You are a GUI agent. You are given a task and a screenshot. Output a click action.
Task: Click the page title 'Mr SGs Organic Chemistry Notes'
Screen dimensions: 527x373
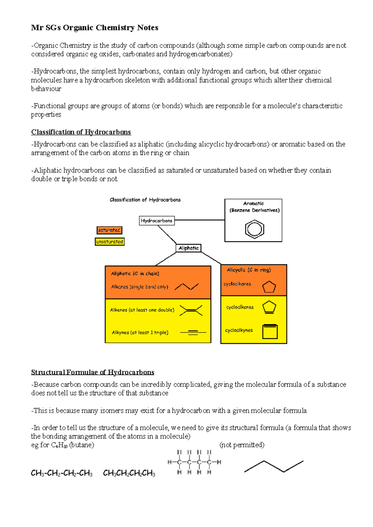pyautogui.click(x=94, y=28)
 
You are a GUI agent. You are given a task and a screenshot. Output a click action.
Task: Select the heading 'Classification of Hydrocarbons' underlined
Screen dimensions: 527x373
pyautogui.click(x=81, y=132)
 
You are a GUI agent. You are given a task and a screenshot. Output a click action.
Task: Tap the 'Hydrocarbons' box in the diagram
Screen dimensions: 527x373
pyautogui.click(x=157, y=221)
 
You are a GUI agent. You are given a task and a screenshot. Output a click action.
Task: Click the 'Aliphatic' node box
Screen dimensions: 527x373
pyautogui.click(x=188, y=248)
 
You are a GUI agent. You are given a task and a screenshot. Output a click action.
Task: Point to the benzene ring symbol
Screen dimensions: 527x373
pyautogui.click(x=254, y=229)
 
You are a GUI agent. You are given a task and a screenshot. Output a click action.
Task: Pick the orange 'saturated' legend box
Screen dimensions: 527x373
pyautogui.click(x=109, y=230)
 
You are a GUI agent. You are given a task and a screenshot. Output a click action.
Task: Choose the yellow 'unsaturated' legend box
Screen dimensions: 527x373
pyautogui.click(x=110, y=241)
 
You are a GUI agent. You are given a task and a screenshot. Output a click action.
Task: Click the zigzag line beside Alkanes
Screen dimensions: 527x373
pyautogui.click(x=186, y=286)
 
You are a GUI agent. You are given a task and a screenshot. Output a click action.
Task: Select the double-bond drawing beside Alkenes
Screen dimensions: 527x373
pyautogui.click(x=191, y=310)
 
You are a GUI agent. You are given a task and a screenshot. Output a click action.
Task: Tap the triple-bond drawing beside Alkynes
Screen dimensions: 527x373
pyautogui.click(x=193, y=332)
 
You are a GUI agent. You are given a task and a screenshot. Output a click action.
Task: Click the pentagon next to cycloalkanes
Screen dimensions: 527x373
pyautogui.click(x=269, y=287)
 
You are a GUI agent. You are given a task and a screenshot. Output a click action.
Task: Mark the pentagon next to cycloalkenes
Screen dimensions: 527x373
pyautogui.click(x=269, y=307)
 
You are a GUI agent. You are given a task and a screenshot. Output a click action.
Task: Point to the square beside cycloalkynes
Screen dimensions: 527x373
pyautogui.click(x=269, y=331)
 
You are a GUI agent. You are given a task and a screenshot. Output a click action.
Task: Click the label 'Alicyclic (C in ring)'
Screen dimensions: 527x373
pyautogui.click(x=249, y=270)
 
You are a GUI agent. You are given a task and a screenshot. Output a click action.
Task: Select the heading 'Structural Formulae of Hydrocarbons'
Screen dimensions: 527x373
pyautogui.click(x=93, y=372)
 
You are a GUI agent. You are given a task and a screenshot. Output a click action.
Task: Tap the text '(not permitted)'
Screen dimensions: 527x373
pyautogui.click(x=242, y=445)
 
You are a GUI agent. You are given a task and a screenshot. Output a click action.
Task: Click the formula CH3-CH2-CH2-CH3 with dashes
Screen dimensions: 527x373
pyautogui.click(x=62, y=473)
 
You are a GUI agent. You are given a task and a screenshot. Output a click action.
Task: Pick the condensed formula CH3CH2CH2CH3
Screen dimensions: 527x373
pyautogui.click(x=129, y=473)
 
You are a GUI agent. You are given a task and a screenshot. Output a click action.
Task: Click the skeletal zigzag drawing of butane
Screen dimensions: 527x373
pyautogui.click(x=274, y=466)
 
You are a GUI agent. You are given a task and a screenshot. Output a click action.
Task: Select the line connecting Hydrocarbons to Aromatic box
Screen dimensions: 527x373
pyautogui.click(x=200, y=220)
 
